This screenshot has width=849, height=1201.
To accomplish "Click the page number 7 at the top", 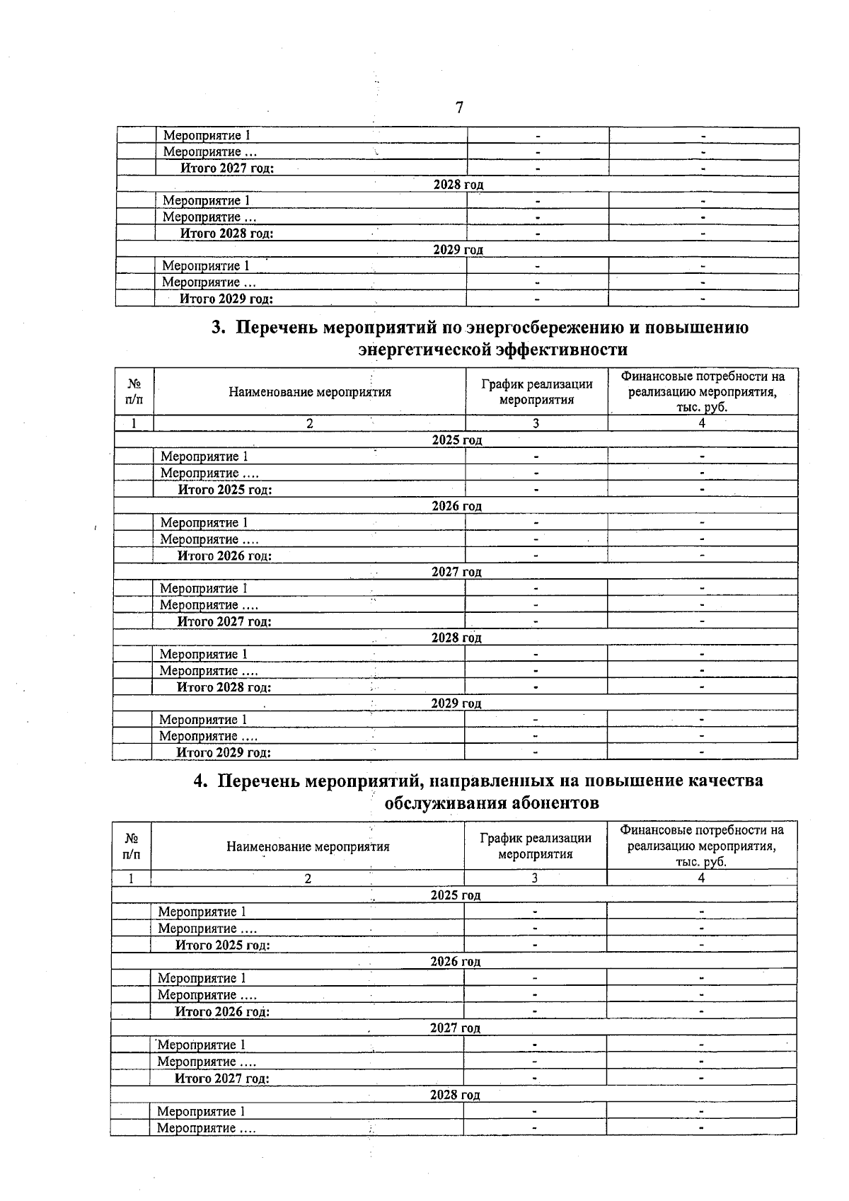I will [459, 108].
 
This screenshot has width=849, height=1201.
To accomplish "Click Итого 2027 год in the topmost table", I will [227, 168].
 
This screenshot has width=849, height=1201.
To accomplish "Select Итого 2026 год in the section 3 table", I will [224, 556].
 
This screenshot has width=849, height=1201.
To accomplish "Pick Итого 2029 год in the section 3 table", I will [224, 753].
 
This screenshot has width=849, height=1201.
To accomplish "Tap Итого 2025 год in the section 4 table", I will [222, 946].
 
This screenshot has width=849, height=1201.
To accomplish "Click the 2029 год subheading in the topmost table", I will [458, 250].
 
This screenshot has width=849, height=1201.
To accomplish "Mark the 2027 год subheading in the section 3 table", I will [456, 572].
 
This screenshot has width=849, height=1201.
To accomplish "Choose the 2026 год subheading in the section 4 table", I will [455, 962].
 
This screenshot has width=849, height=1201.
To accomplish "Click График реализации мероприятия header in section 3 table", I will [536, 391].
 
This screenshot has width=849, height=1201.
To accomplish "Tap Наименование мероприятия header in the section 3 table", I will [309, 392].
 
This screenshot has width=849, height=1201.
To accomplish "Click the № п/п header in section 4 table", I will [131, 846].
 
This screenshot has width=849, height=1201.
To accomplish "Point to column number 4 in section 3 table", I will [702, 423].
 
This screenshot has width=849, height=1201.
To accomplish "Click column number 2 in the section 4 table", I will [308, 878].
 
